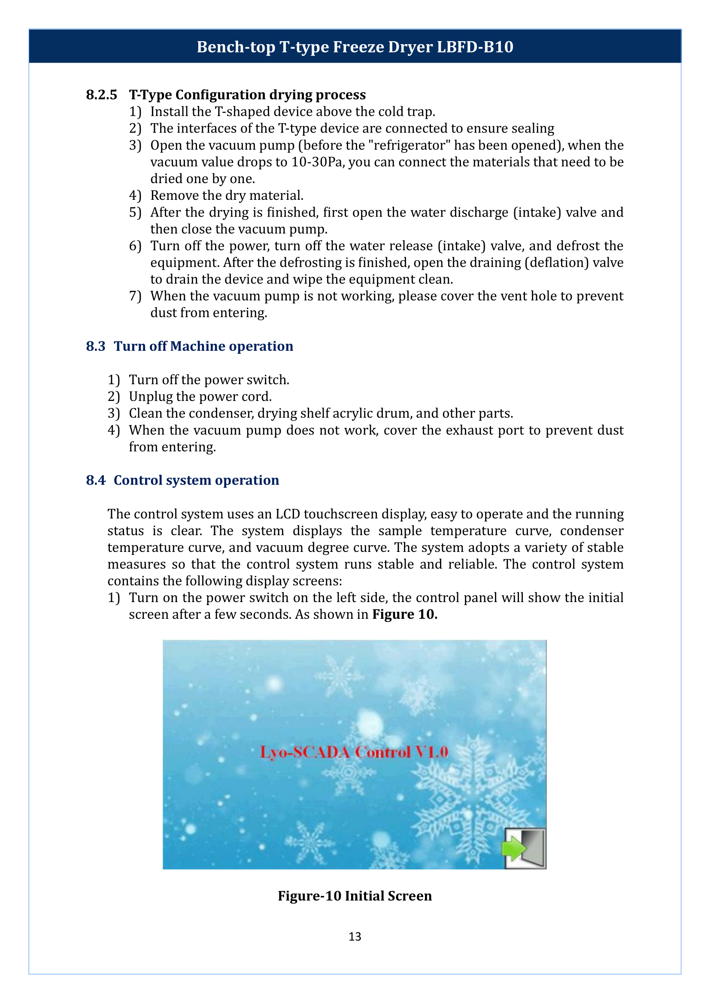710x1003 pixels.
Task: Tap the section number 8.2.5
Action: (x=101, y=95)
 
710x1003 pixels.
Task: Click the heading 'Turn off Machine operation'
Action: (x=203, y=346)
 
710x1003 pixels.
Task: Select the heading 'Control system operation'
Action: (x=196, y=480)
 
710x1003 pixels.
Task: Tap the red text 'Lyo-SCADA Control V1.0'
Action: (x=354, y=752)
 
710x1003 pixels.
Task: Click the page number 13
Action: (x=355, y=937)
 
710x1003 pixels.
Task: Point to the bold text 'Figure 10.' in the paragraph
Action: (x=404, y=614)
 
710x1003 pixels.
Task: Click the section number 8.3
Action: (x=95, y=346)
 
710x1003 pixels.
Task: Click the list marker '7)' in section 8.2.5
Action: (x=135, y=296)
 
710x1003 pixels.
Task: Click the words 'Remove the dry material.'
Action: (x=227, y=195)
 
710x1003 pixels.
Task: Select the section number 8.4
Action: (x=95, y=480)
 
